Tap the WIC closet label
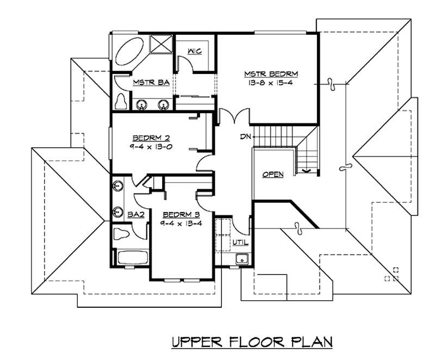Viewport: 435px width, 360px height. click(x=195, y=51)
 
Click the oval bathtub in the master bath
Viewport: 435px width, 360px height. click(x=129, y=54)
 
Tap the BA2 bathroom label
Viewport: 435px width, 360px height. click(x=135, y=215)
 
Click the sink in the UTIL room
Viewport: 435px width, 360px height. click(x=242, y=259)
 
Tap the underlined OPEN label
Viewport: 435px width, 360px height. click(x=273, y=175)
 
